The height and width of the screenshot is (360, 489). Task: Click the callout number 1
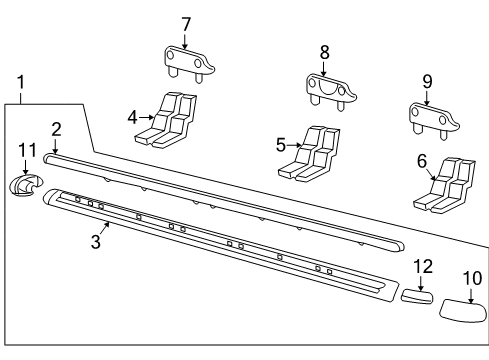(21, 82)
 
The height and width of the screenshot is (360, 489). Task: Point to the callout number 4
(132, 116)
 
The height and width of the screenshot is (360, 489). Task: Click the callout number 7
(185, 23)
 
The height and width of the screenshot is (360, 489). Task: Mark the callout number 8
(323, 51)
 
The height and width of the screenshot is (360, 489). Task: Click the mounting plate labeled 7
(186, 61)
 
